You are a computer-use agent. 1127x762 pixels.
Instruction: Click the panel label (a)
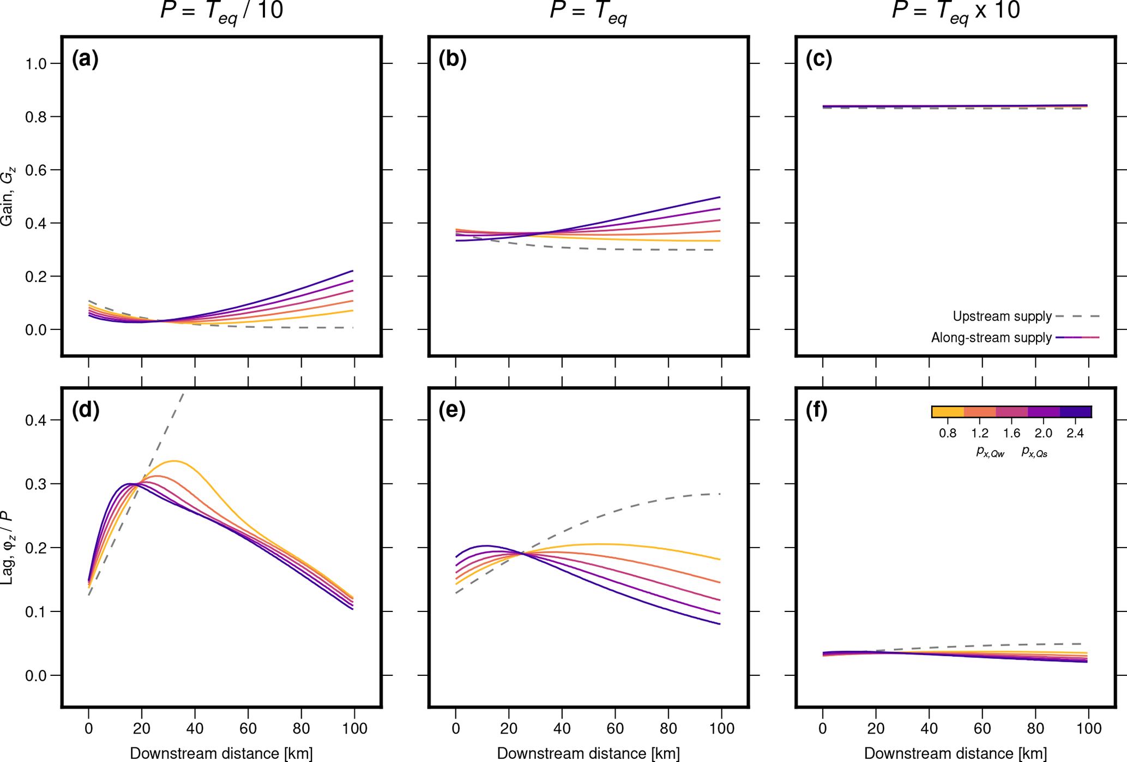85,59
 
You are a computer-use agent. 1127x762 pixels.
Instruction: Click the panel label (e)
452,410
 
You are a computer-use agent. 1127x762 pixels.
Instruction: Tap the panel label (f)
816,410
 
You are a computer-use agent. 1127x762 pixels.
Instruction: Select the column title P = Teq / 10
221,11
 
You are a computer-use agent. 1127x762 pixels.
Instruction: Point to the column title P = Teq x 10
955,11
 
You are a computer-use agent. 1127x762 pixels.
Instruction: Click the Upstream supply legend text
1002,316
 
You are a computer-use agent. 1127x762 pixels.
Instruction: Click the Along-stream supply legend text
991,338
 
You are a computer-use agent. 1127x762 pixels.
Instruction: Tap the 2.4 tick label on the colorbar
1075,434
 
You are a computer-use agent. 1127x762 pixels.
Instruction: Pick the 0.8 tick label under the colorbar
948,434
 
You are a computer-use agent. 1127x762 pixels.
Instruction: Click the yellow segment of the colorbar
948,412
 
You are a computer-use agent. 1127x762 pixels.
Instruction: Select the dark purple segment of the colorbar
1075,412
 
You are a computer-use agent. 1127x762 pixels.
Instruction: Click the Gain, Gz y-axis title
8,196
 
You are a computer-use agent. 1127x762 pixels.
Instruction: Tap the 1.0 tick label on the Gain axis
36,64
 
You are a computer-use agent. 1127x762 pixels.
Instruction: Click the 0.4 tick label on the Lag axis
36,420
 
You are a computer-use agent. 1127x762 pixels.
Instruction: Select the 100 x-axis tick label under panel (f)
1088,728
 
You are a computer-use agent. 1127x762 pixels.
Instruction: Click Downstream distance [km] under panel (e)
588,753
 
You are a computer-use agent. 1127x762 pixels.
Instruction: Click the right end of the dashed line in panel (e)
720,494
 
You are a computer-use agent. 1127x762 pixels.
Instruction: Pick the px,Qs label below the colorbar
1034,452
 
